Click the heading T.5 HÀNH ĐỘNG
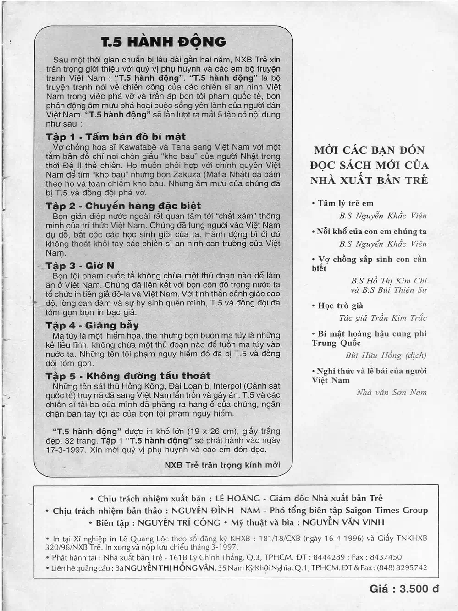164,42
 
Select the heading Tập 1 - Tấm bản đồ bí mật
116,137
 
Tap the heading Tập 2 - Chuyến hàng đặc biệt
123,206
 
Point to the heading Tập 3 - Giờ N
80,266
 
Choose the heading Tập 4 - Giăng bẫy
92,325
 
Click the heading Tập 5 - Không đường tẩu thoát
128,376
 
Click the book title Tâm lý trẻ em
345,203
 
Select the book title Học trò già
340,305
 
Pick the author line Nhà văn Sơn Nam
392,392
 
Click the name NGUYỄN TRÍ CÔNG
179,522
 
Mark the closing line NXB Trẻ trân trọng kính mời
222,465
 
